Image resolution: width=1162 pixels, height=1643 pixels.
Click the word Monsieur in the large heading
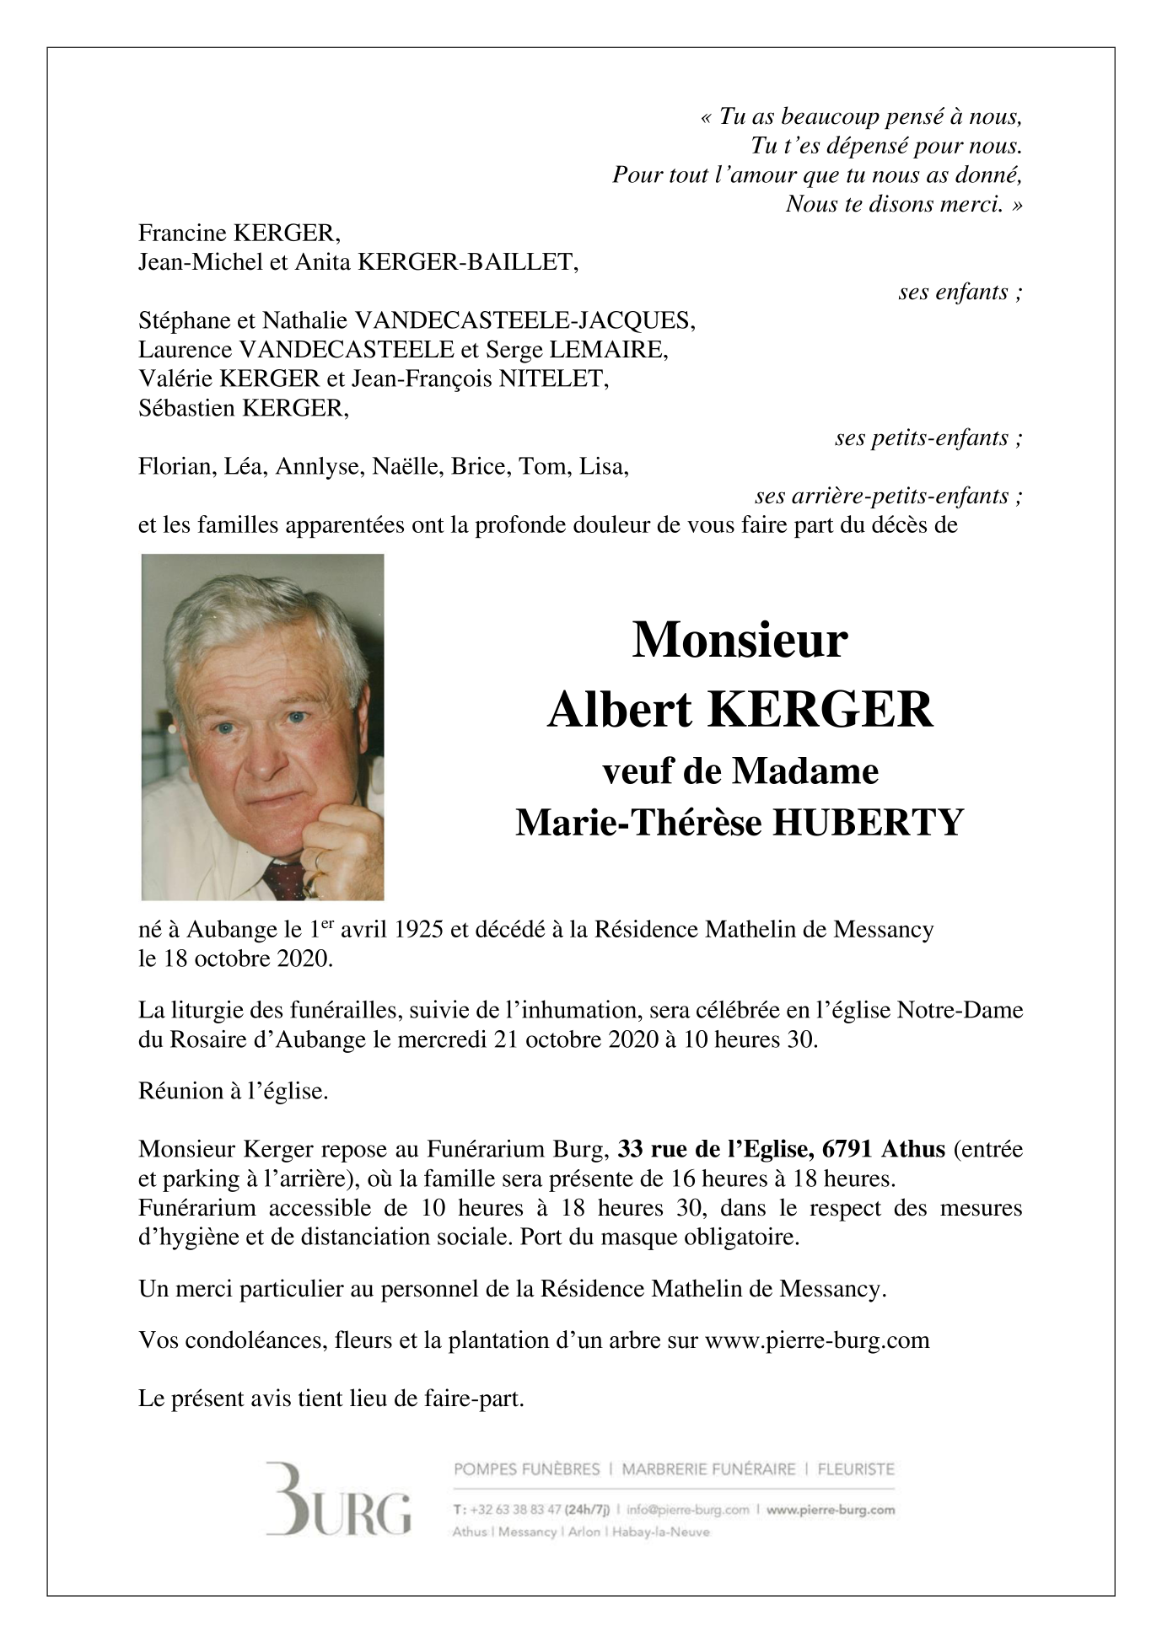point(740,641)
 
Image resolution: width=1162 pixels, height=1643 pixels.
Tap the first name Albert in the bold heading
point(621,711)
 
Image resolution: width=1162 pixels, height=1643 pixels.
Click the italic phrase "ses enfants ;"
point(960,293)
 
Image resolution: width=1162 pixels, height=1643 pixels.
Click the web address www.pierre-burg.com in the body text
point(816,1340)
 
